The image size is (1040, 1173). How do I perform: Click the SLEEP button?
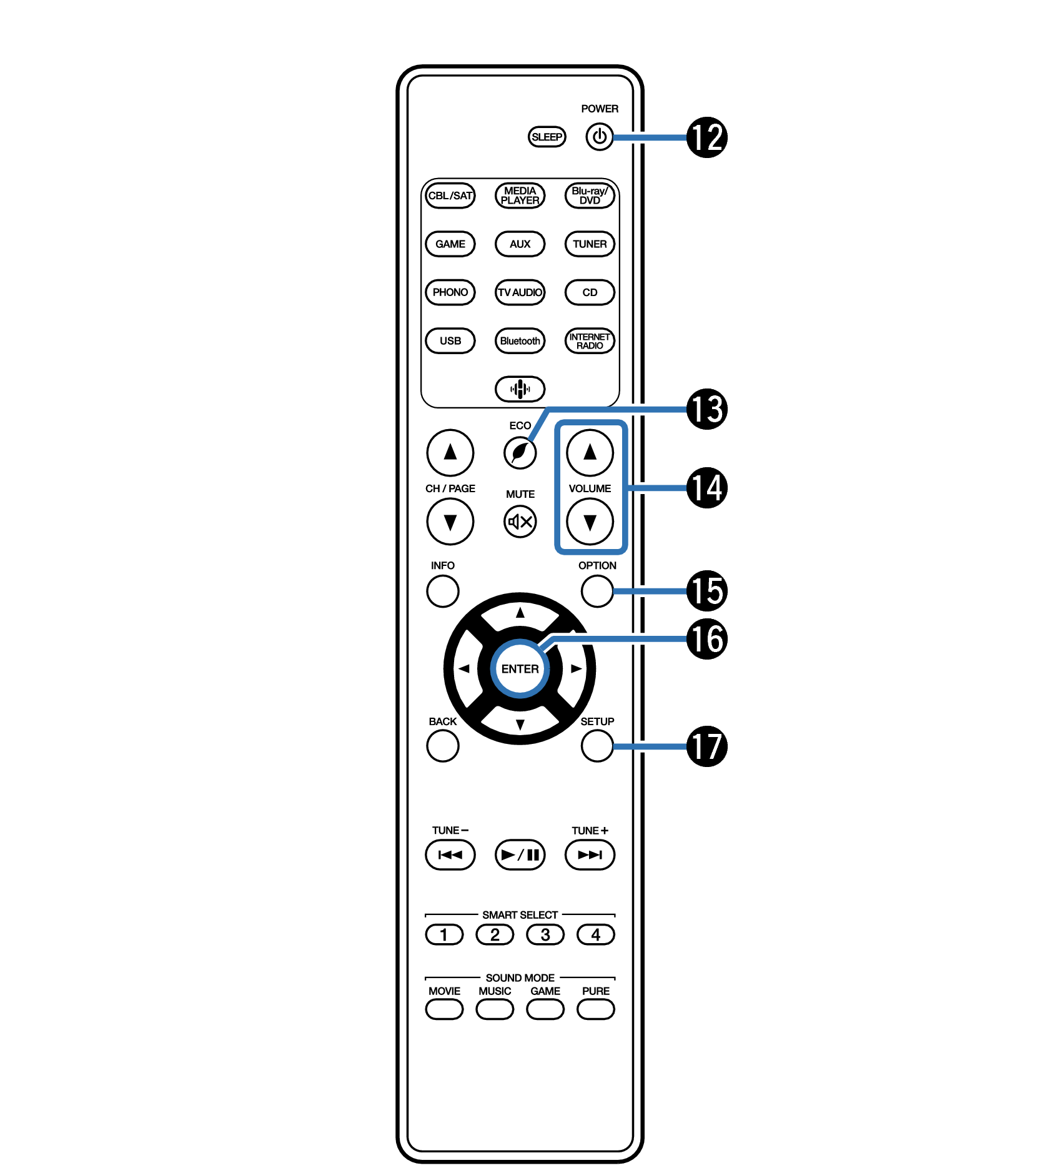547,137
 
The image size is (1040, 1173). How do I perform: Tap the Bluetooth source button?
520,341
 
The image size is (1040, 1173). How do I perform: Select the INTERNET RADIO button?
590,341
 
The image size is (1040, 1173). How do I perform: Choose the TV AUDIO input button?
520,292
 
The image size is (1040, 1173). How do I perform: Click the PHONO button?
450,292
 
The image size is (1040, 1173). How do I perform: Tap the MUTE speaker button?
520,522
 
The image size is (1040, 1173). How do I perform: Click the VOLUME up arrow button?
590,453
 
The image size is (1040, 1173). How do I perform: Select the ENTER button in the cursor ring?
520,669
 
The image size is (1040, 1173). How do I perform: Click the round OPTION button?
597,591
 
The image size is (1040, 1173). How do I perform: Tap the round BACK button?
443,746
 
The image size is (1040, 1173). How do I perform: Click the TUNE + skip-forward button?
590,855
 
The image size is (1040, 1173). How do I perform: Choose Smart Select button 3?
545,935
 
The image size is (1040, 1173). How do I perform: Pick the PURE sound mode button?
596,1009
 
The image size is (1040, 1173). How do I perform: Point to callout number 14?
707,488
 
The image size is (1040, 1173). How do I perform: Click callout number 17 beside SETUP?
707,746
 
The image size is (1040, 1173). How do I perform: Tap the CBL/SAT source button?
450,195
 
